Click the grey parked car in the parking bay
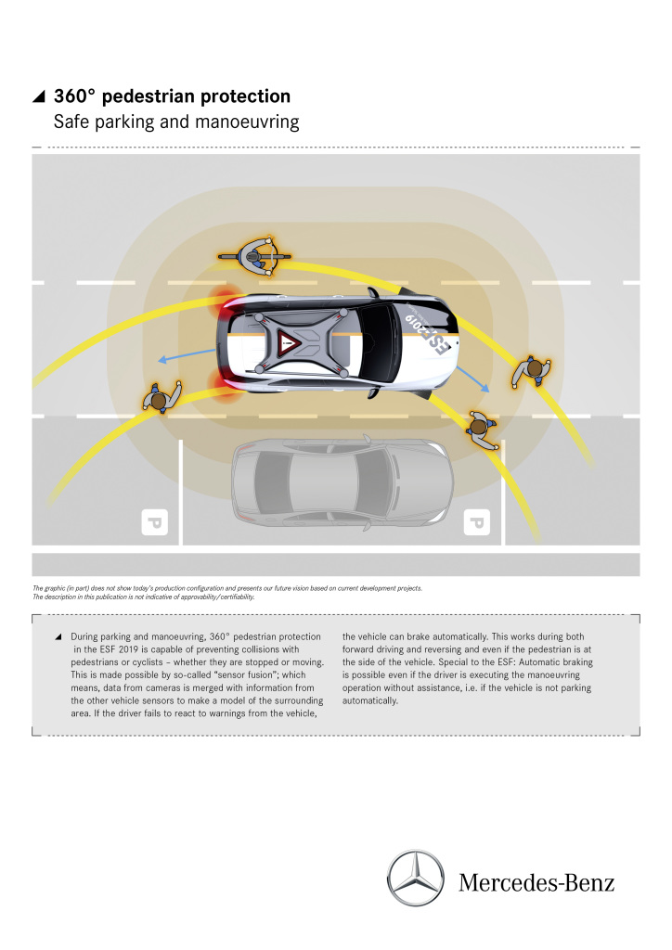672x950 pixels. tap(341, 479)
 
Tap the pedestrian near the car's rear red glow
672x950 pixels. tap(159, 400)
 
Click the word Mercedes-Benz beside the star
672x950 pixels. tap(536, 881)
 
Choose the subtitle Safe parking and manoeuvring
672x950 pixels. tap(176, 122)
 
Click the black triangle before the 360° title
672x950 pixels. tap(39, 97)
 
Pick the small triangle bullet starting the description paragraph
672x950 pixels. tap(58, 637)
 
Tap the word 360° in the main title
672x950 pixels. tap(76, 96)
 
